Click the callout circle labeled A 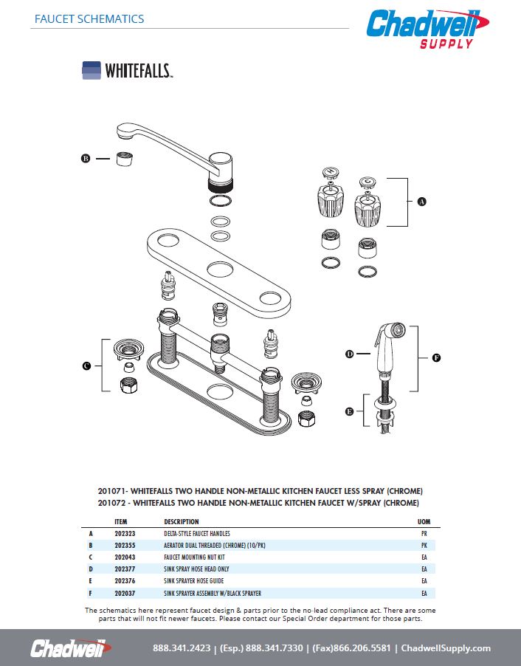click(x=421, y=202)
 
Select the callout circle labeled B click(x=85, y=158)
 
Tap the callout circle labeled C click(x=86, y=365)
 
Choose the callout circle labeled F click(x=436, y=358)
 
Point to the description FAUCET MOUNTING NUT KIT click(x=193, y=557)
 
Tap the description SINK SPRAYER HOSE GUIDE click(x=196, y=581)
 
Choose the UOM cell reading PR click(x=424, y=533)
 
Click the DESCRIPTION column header click(x=181, y=521)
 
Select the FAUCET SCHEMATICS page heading click(x=89, y=19)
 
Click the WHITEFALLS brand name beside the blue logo click(x=138, y=71)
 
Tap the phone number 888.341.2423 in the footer click(x=181, y=648)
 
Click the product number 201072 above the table click(x=111, y=503)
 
